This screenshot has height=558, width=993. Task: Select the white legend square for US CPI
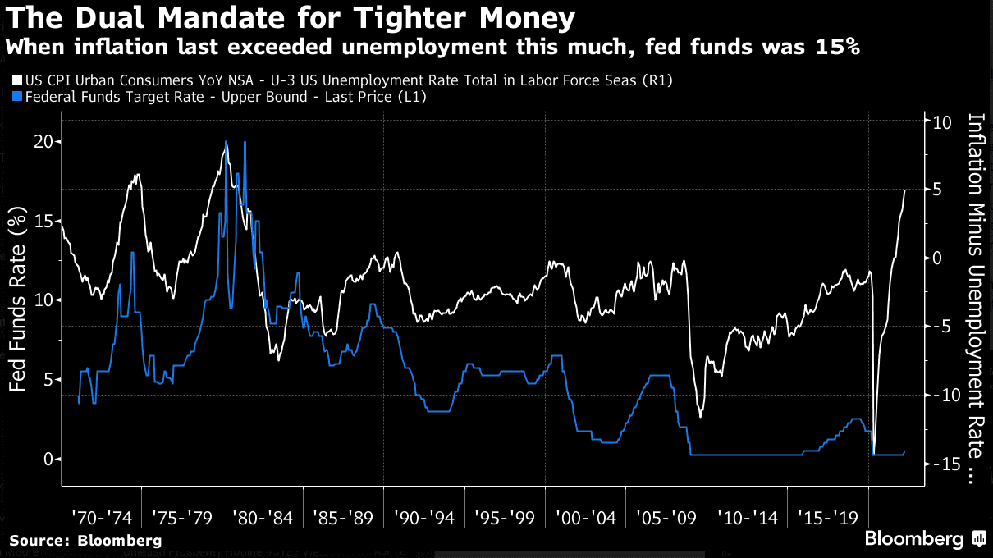(18, 80)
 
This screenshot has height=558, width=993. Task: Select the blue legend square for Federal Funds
(18, 97)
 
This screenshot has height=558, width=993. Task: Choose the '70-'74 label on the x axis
(101, 519)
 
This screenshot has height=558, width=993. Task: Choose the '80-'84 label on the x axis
(263, 519)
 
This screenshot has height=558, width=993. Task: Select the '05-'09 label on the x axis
(666, 519)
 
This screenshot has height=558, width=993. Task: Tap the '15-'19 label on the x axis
(827, 519)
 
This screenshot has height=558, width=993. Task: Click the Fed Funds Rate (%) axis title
(17, 300)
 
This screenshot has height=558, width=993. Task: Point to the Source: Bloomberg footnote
(85, 541)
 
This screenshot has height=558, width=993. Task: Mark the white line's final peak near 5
(904, 190)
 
